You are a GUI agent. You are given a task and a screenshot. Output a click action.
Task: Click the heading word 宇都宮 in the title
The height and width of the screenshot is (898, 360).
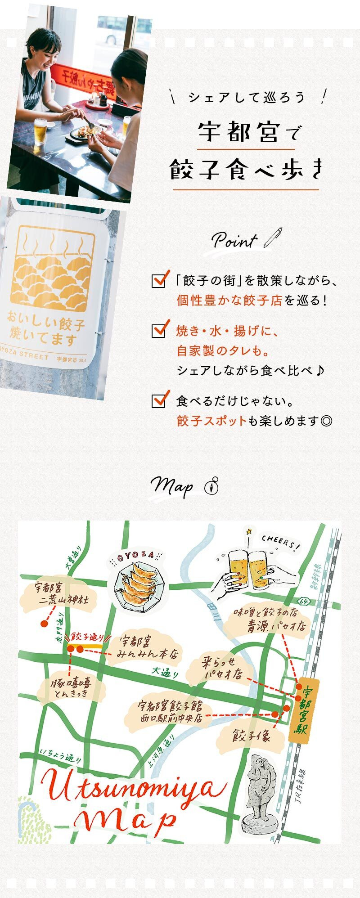coord(238,132)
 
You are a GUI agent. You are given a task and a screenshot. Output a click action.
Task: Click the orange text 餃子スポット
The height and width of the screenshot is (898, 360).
coord(211,421)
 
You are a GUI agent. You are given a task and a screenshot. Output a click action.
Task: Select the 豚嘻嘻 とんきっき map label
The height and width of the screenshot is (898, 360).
coord(72,688)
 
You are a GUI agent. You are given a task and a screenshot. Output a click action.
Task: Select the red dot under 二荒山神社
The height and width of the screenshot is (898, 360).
coord(44,624)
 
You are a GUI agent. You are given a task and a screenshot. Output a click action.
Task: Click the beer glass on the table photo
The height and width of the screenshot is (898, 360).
coord(40,130)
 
